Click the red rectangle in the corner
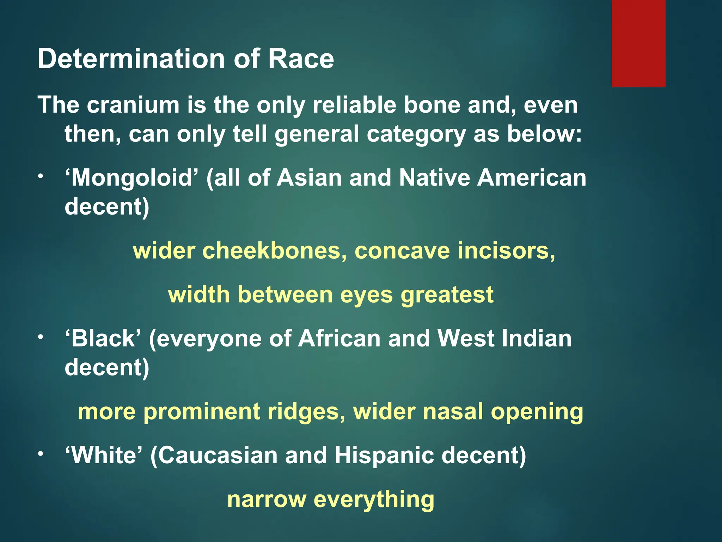pyautogui.click(x=638, y=43)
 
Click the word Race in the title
pyautogui.click(x=301, y=58)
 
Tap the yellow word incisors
pyautogui.click(x=506, y=251)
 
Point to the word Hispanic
pyautogui.click(x=384, y=456)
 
